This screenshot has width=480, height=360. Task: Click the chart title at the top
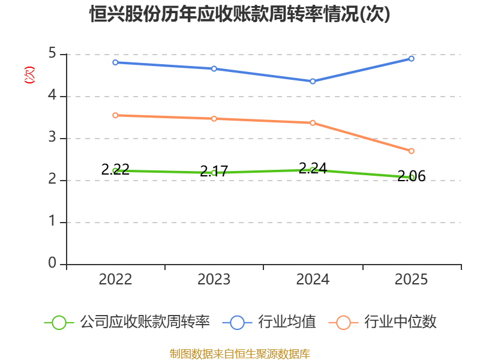click(x=239, y=14)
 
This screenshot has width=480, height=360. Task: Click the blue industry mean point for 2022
click(x=115, y=62)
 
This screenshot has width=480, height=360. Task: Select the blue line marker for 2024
click(x=313, y=82)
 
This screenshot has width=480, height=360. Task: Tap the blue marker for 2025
click(x=412, y=58)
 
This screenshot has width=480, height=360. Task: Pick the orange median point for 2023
click(x=214, y=119)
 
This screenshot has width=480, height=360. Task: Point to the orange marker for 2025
click(x=412, y=151)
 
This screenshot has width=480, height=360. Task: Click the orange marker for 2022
click(x=115, y=115)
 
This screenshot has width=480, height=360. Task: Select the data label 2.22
click(x=115, y=169)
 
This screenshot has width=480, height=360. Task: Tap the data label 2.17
click(x=214, y=171)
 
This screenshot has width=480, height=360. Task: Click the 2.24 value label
click(x=313, y=168)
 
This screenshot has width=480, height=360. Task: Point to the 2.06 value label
click(x=412, y=176)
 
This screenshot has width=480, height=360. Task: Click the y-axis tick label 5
click(x=52, y=53)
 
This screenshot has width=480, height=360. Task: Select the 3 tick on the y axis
click(x=52, y=137)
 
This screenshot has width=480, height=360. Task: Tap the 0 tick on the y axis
click(x=52, y=263)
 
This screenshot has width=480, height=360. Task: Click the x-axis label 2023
click(x=214, y=279)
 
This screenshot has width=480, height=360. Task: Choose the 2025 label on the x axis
click(x=411, y=279)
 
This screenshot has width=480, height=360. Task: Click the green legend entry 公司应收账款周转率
click(x=127, y=322)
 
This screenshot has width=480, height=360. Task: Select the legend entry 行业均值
click(x=269, y=322)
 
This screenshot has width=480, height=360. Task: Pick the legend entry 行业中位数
click(x=382, y=322)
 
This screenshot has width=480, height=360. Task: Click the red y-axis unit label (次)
click(x=29, y=75)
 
